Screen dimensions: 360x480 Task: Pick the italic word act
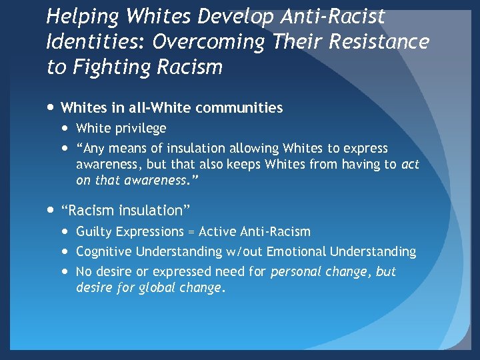coord(410,164)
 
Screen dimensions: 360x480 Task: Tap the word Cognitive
coord(103,251)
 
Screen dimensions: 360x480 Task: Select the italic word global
coord(151,288)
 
